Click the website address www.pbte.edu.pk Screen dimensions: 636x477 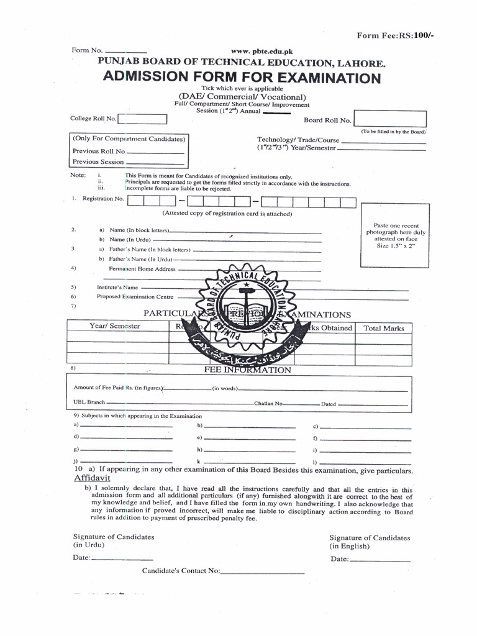261,52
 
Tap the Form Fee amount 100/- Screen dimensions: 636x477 424,35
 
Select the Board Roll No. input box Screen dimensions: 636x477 390,119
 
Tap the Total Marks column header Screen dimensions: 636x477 384,328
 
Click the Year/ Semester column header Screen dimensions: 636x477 115,326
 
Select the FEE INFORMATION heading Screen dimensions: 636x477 248,370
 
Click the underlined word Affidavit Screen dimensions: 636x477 92,479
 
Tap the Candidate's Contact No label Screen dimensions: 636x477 181,570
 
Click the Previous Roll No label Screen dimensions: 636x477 99,151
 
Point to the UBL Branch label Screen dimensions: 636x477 89,402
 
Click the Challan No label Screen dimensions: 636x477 268,404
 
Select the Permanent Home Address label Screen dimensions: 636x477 142,270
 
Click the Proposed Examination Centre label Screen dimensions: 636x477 135,297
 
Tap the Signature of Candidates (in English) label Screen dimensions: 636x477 370,542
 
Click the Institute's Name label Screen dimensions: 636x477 117,288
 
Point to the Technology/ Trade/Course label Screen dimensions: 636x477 298,140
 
